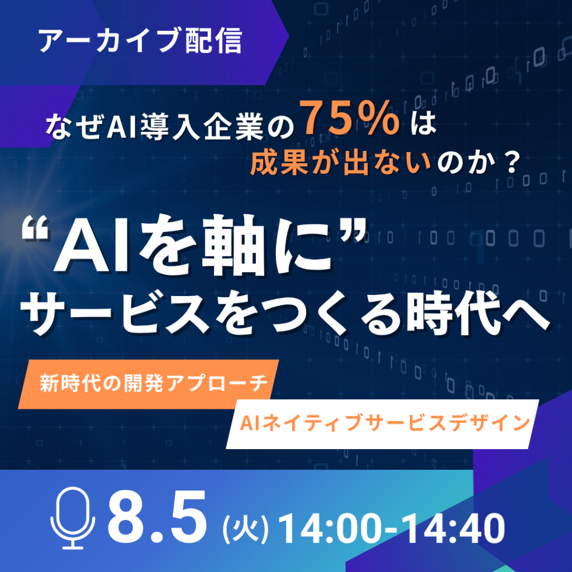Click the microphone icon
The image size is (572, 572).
(73, 518)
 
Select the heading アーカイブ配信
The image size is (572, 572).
(140, 40)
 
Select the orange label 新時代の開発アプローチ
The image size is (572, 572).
(154, 383)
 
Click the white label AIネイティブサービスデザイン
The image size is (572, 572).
(385, 423)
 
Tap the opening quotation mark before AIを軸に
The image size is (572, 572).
(35, 228)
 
